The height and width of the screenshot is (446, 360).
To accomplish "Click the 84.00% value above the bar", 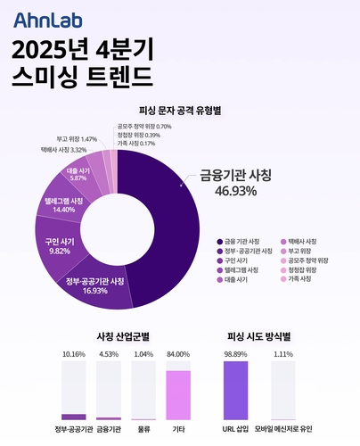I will pyautogui.click(x=178, y=355).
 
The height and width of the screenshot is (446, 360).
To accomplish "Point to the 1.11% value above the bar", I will pyautogui.click(x=283, y=355).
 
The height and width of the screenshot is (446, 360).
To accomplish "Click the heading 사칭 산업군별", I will pyautogui.click(x=123, y=336).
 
